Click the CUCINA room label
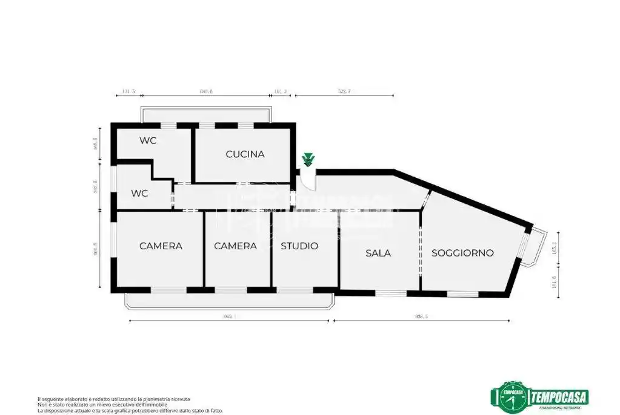[x=245, y=154]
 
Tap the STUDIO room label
[x=299, y=246]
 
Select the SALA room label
[x=378, y=253]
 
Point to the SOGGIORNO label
[x=462, y=253]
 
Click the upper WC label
[x=148, y=141]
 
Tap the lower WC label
[x=140, y=194]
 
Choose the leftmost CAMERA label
[x=161, y=246]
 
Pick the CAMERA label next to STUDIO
[x=235, y=246]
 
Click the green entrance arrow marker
[x=308, y=160]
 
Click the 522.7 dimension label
[x=344, y=91]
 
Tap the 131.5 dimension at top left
[x=128, y=91]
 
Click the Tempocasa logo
[x=539, y=397]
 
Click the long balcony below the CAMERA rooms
[x=229, y=301]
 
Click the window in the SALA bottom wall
[x=390, y=293]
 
